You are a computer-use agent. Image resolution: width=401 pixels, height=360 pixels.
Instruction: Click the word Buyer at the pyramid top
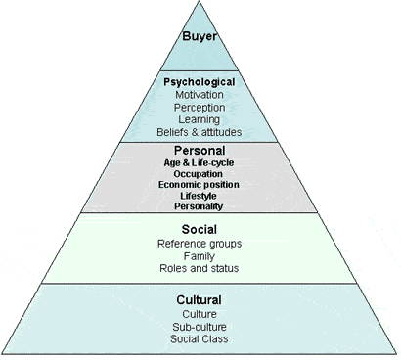tap(200, 38)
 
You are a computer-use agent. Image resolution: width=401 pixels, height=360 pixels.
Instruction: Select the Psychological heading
tap(200, 81)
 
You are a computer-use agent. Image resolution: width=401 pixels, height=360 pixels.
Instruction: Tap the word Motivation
tap(200, 94)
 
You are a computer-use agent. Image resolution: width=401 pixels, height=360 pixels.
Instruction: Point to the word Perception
tap(200, 107)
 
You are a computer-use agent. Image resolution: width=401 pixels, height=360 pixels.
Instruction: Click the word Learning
tap(200, 118)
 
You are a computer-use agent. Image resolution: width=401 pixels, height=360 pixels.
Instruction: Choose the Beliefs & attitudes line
tap(200, 131)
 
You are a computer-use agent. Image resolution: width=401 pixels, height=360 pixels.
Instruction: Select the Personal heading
tap(199, 150)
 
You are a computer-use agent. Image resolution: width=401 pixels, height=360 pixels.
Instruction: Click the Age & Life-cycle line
tap(199, 161)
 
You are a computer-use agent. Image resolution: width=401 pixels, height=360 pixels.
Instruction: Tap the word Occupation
tap(199, 173)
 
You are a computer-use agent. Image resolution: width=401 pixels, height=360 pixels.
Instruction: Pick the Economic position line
tap(199, 184)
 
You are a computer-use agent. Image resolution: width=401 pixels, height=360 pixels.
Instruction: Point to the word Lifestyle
tap(199, 196)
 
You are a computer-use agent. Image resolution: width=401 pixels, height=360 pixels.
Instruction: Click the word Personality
tap(199, 206)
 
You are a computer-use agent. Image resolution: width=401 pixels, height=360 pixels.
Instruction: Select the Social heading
tap(199, 229)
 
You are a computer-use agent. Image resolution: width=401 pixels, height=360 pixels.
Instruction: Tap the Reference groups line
tap(199, 243)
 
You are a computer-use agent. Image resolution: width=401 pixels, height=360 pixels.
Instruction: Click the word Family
tap(199, 254)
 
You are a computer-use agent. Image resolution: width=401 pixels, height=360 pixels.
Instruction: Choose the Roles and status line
tap(199, 267)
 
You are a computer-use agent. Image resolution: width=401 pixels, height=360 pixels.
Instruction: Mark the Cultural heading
tap(199, 299)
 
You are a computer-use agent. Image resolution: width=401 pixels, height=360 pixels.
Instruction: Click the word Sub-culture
tap(199, 326)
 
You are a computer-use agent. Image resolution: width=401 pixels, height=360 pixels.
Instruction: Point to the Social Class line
tap(199, 338)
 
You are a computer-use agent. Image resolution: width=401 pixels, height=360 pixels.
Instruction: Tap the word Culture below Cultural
tap(199, 313)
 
